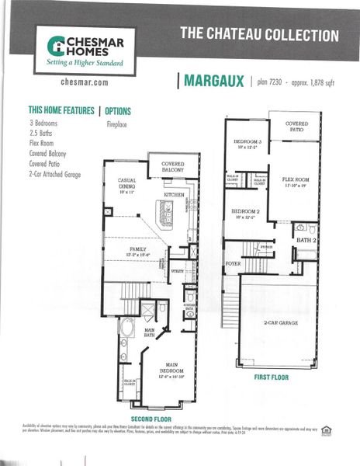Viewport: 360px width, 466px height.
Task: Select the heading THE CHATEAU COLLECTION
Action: (259, 35)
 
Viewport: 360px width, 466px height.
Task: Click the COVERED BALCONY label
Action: (172, 167)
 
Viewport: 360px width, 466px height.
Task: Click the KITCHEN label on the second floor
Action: (174, 195)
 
